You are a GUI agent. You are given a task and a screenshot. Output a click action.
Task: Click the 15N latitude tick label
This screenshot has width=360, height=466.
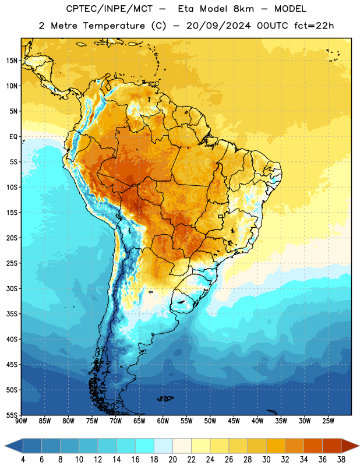pyautogui.click(x=12, y=61)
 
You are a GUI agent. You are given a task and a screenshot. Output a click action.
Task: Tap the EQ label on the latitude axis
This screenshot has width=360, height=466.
pyautogui.click(x=13, y=137)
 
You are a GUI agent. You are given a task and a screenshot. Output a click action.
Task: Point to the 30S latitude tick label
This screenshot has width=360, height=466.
pyautogui.click(x=12, y=288)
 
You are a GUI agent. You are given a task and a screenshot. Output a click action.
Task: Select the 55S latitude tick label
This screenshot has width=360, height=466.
pyautogui.click(x=12, y=415)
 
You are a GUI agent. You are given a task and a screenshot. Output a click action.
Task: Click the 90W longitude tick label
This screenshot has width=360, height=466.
pyautogui.click(x=21, y=421)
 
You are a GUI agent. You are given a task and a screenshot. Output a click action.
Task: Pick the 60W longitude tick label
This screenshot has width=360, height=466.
pyautogui.click(x=163, y=421)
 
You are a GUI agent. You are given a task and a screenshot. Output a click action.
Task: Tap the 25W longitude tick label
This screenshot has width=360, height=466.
pyautogui.click(x=328, y=421)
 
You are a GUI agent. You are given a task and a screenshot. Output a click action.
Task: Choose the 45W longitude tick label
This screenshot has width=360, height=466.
pyautogui.click(x=234, y=421)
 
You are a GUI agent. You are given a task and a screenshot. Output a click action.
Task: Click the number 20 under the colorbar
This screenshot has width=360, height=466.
pyautogui.click(x=172, y=460)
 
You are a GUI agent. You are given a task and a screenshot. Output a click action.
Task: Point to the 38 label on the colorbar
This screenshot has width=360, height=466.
pyautogui.click(x=341, y=460)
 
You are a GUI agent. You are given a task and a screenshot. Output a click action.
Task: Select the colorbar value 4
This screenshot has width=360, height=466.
pyautogui.click(x=23, y=460)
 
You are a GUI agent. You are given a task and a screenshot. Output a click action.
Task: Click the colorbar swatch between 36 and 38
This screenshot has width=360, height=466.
pyautogui.click(x=332, y=446)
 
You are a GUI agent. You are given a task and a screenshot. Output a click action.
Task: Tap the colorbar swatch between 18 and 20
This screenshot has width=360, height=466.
pyautogui.click(x=163, y=446)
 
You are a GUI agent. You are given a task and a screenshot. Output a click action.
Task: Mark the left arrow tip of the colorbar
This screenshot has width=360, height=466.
pyautogui.click(x=5, y=446)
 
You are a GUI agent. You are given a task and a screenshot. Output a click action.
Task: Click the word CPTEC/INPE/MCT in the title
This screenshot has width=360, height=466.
pyautogui.click(x=110, y=9)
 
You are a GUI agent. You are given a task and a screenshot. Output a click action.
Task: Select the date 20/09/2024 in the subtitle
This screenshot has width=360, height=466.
pyautogui.click(x=218, y=26)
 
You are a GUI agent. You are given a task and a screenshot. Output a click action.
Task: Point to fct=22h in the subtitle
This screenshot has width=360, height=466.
pyautogui.click(x=314, y=26)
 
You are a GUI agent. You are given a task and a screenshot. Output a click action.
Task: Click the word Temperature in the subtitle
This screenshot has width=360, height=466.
pyautogui.click(x=114, y=26)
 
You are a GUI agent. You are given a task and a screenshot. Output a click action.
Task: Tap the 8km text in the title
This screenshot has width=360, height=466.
pyautogui.click(x=243, y=9)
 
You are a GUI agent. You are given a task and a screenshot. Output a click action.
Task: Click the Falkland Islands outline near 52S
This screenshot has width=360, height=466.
pyautogui.click(x=165, y=398)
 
